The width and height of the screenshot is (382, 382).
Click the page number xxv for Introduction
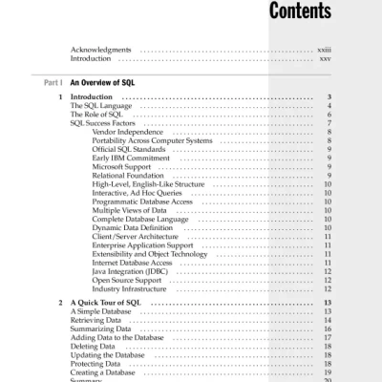(325, 58)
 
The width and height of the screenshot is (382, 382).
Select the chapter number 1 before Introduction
(60, 97)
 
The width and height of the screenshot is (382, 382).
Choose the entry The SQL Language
(102, 106)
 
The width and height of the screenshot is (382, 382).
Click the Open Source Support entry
(130, 279)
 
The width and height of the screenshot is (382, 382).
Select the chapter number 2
(60, 303)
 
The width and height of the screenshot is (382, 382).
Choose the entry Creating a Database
(105, 371)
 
